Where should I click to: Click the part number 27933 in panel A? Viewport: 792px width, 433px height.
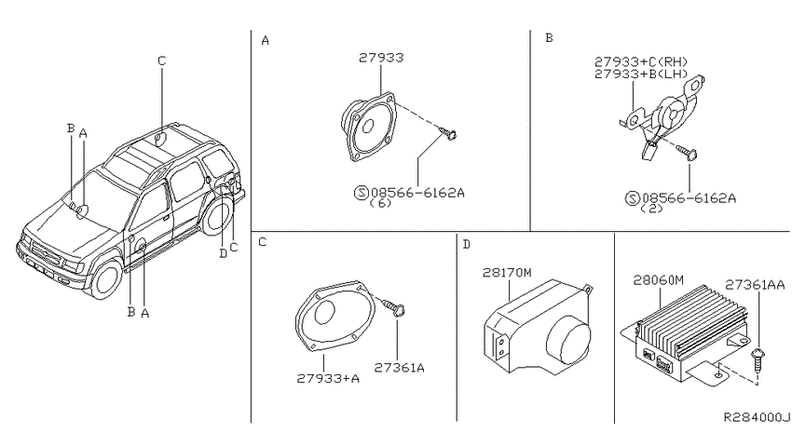click(381, 58)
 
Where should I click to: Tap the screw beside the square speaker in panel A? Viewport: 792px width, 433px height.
click(448, 133)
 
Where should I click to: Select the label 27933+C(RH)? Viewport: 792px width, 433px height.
click(641, 62)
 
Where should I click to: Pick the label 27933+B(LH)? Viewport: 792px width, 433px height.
click(641, 74)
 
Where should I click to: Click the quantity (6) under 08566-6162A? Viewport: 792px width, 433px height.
click(380, 203)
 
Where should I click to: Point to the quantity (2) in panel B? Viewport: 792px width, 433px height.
click(651, 209)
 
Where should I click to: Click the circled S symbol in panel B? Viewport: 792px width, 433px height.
click(633, 198)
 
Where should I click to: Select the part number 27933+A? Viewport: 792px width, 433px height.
click(328, 378)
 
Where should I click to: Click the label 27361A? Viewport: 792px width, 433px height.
click(399, 368)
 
